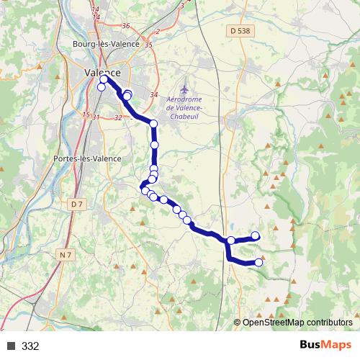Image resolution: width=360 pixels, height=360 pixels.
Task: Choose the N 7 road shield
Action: (x=66, y=254)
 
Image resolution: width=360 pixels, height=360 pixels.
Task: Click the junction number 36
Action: (x=126, y=26)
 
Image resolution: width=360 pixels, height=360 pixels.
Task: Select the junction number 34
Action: (x=153, y=95)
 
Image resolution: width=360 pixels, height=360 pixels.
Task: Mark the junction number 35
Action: (x=149, y=45)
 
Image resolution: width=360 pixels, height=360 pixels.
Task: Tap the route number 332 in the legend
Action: (x=30, y=346)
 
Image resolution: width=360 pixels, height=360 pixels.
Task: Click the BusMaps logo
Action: (x=323, y=346)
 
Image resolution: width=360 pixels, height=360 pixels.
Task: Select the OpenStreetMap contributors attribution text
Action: (x=297, y=323)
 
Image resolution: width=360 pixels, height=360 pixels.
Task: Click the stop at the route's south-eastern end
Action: (x=259, y=262)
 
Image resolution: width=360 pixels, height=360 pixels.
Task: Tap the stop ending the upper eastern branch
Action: (x=255, y=235)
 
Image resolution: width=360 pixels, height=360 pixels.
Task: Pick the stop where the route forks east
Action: (x=231, y=240)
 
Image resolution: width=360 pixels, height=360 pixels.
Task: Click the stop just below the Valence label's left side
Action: (x=102, y=88)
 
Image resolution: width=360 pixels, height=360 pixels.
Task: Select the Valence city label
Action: (x=103, y=73)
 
